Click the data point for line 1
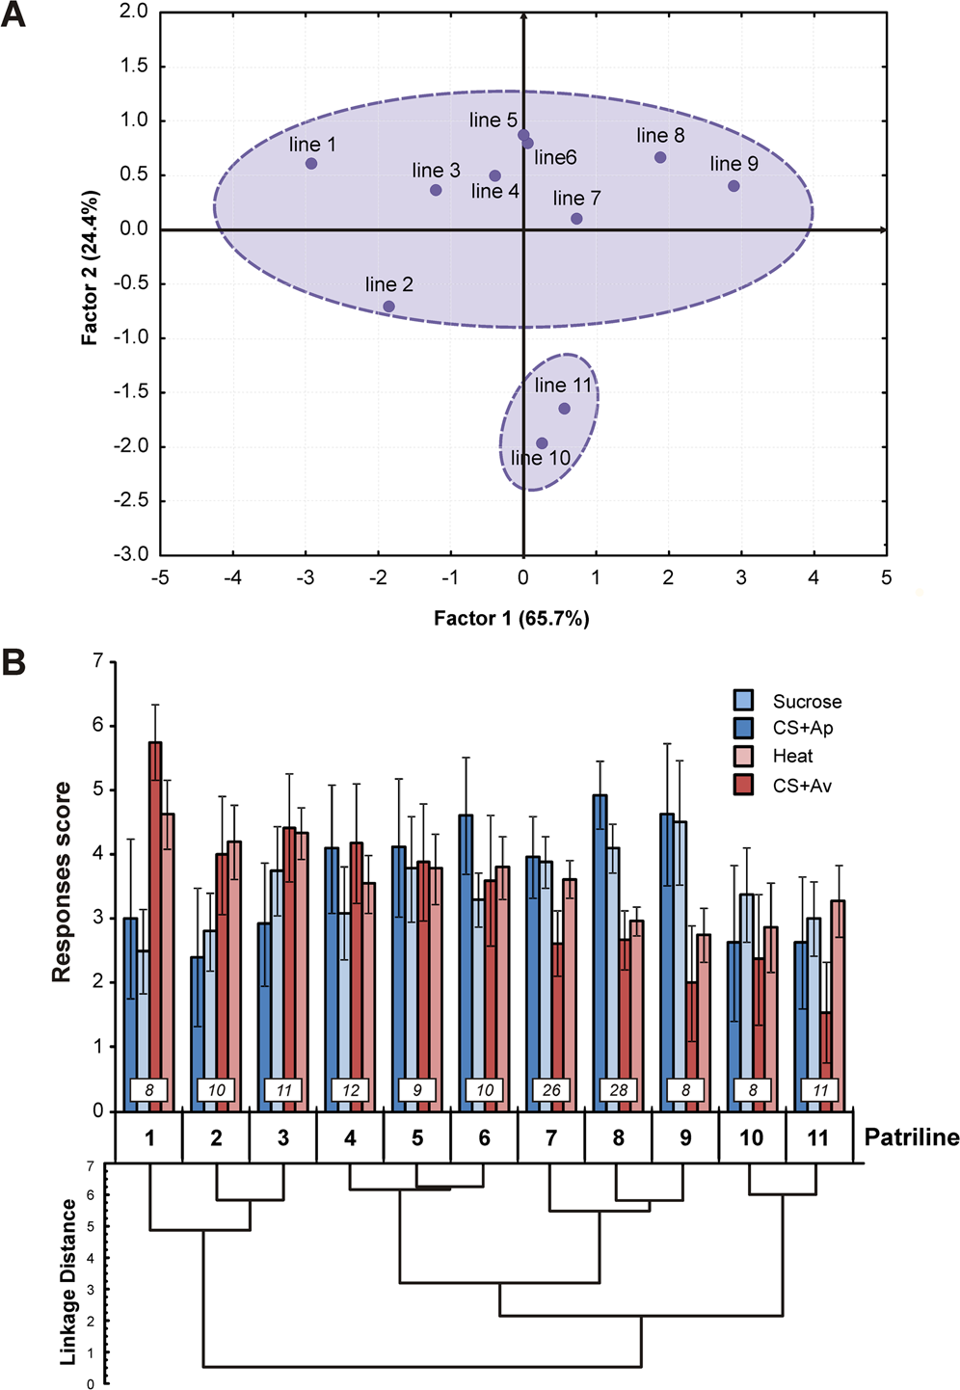(311, 164)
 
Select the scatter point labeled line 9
(733, 186)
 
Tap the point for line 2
(388, 307)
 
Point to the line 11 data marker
(564, 409)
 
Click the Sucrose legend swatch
(743, 701)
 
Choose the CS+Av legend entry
(743, 785)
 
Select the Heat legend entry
(743, 757)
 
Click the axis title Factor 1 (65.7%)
(511, 619)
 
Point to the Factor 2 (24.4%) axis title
(90, 268)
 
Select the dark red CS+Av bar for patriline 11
(826, 1051)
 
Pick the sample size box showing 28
(619, 1090)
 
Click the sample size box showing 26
(551, 1090)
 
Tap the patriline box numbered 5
(417, 1138)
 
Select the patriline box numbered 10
(752, 1138)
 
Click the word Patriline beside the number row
(911, 1138)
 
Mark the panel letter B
(13, 664)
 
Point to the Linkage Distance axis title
(68, 1282)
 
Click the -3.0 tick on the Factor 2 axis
(131, 554)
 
